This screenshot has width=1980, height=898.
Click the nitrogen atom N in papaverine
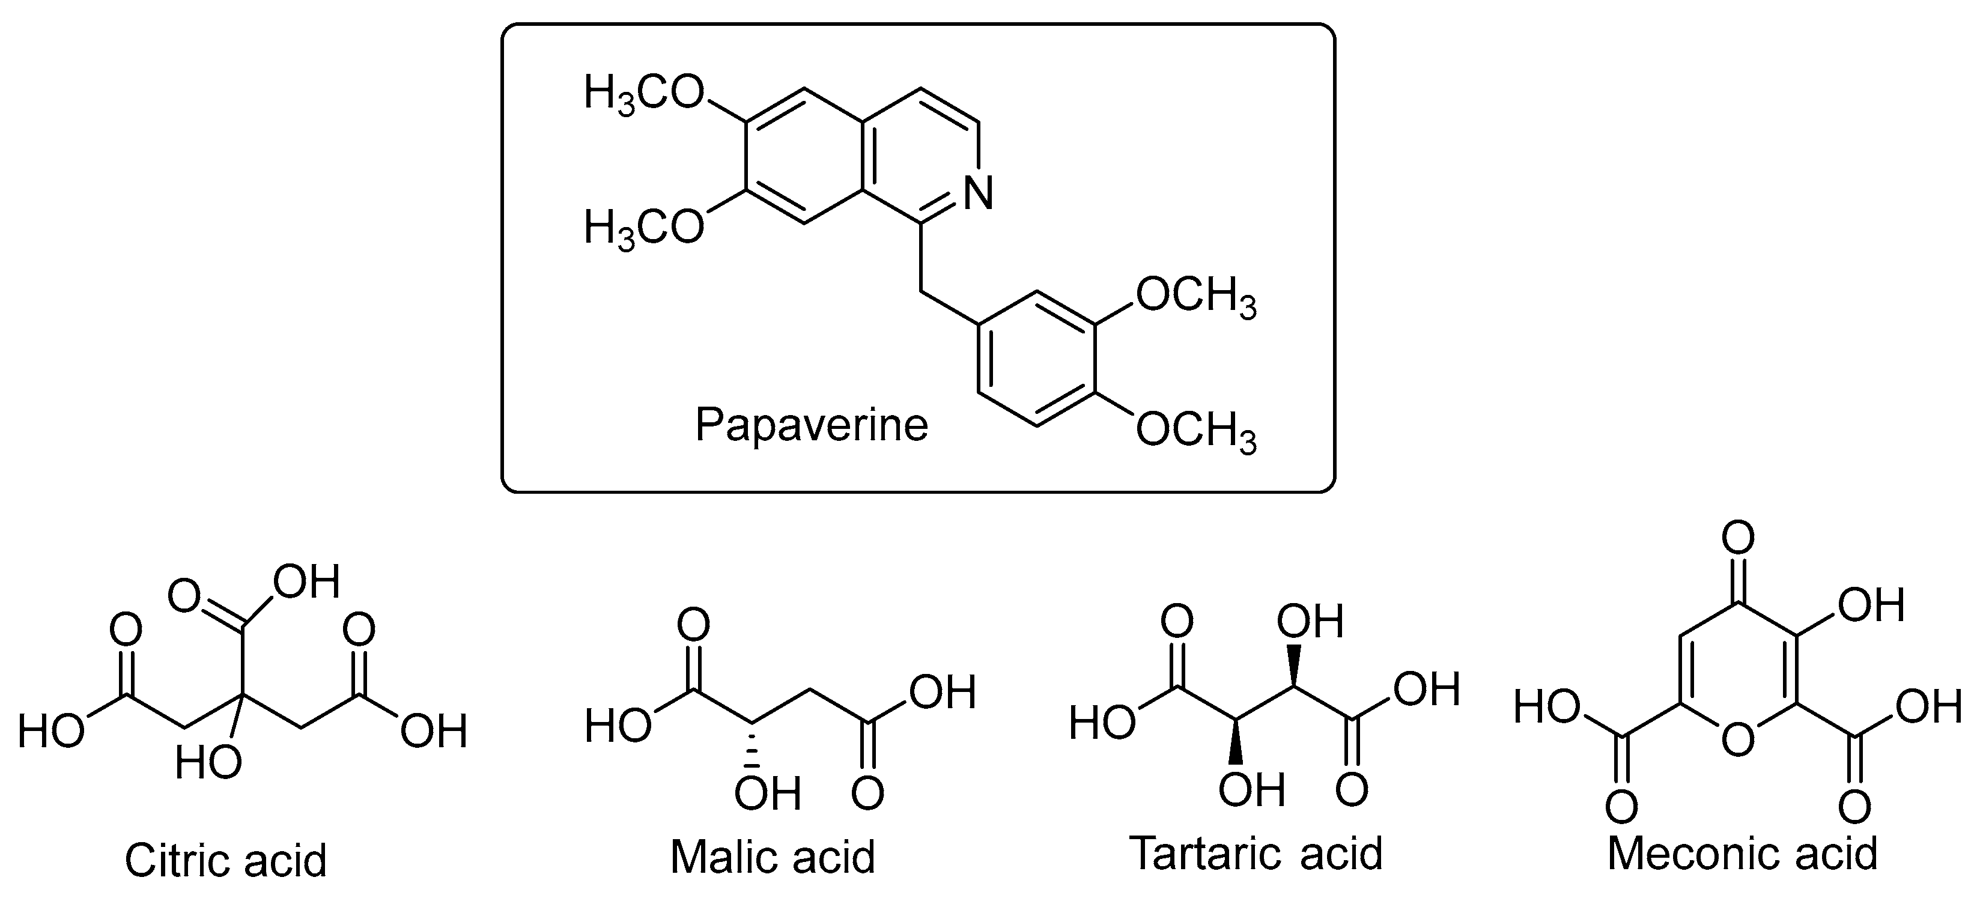(x=979, y=192)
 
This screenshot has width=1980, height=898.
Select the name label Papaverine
(x=811, y=425)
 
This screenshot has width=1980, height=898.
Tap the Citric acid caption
(x=225, y=860)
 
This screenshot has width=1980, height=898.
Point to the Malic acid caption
(x=773, y=857)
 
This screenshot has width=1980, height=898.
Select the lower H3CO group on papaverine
(x=643, y=228)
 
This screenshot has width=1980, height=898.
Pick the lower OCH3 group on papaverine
(x=1195, y=431)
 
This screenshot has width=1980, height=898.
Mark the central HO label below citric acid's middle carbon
(x=207, y=764)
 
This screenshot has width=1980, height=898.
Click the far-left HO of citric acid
(x=50, y=730)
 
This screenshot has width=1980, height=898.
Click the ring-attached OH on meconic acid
(x=1871, y=605)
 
